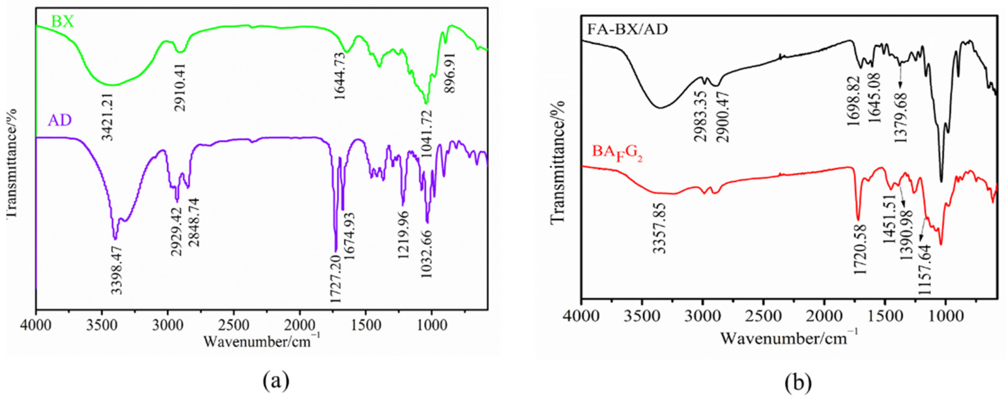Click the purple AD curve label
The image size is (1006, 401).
(x=60, y=120)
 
